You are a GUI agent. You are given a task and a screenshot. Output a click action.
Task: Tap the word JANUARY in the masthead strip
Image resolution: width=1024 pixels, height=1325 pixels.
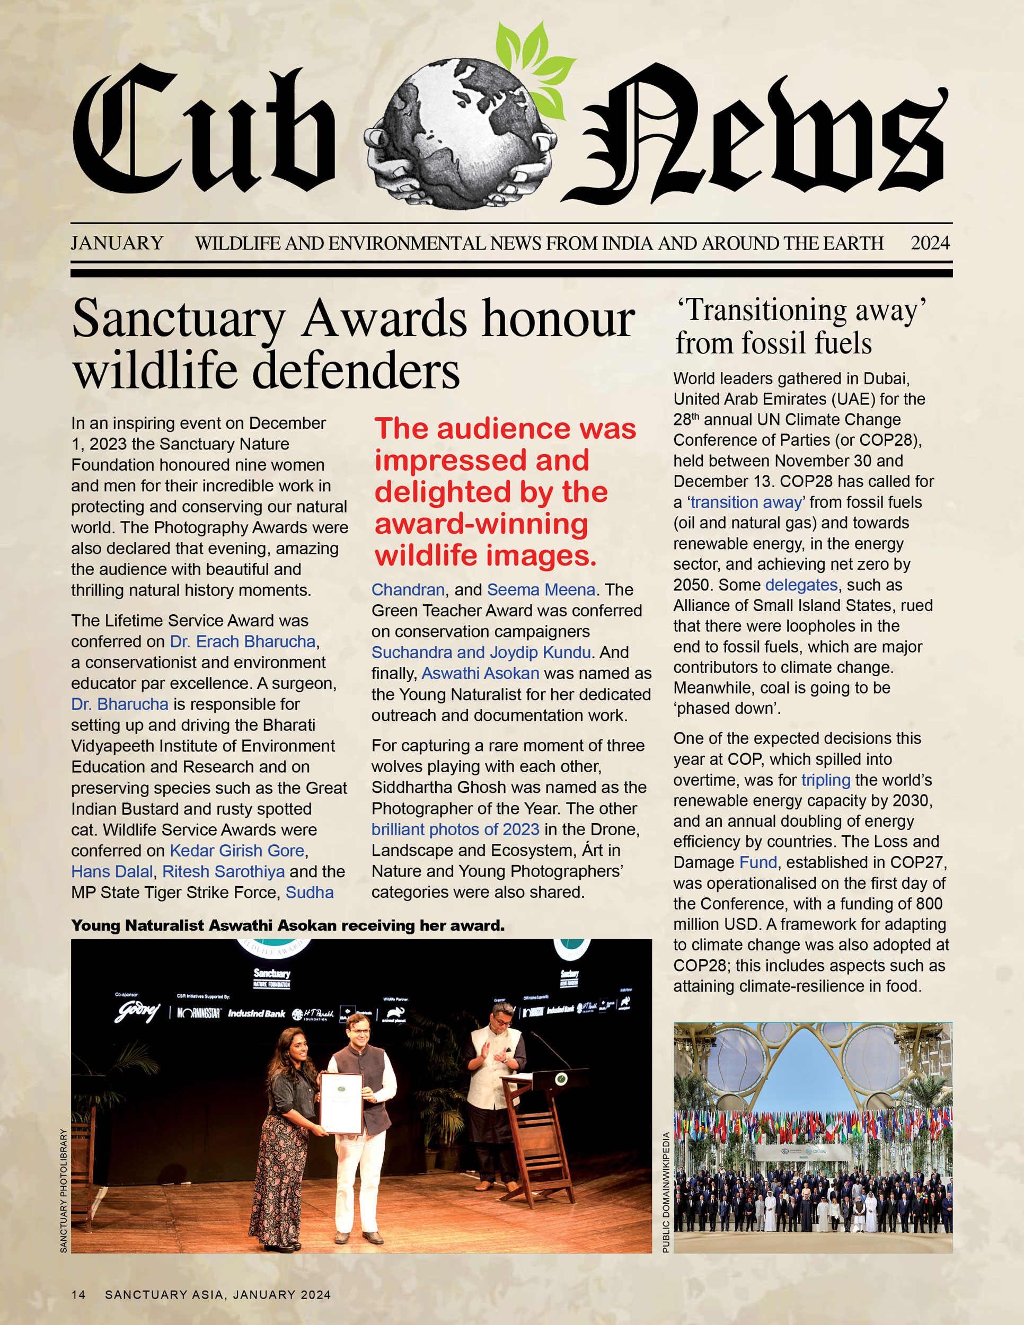[x=117, y=243]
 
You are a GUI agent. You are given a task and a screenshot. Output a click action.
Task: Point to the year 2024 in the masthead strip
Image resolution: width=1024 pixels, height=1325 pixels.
[x=929, y=243]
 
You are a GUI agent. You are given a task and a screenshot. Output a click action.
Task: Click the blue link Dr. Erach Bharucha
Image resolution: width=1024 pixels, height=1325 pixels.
[x=243, y=642]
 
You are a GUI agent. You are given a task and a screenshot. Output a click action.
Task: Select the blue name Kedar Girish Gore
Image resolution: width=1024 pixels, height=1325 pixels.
[x=236, y=851]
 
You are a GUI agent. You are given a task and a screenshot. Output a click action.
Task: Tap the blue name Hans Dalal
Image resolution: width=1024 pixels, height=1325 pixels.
[x=112, y=872]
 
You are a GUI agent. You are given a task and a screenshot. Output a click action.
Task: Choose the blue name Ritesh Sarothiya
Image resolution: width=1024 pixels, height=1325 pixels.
[x=223, y=872]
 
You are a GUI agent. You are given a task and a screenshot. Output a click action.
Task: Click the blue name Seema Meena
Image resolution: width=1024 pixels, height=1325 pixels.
[x=541, y=590]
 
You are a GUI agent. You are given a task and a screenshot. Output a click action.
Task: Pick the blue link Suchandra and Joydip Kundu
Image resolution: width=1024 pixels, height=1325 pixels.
[x=481, y=652]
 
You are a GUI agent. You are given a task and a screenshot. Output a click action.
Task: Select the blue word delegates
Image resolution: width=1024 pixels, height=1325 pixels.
[x=801, y=585]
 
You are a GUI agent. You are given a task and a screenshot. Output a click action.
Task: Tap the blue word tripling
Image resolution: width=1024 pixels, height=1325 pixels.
[x=826, y=780]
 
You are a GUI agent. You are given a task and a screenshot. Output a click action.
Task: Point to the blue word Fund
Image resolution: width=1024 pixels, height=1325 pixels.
[x=758, y=863]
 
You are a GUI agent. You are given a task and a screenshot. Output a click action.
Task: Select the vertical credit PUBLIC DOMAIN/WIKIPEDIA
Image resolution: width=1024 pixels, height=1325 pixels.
[x=666, y=1192]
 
